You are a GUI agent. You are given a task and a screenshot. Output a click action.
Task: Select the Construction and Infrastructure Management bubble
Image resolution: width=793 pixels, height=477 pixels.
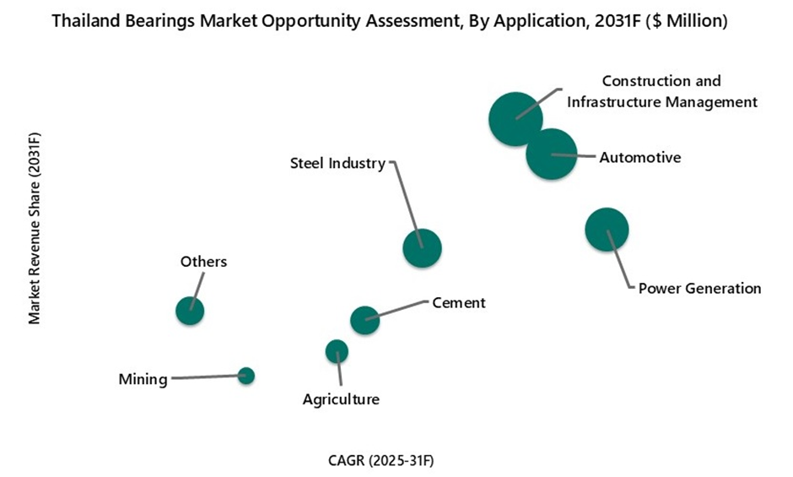[x=515, y=119]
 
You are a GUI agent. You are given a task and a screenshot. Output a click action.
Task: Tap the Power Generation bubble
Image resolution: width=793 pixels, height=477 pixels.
[x=607, y=229]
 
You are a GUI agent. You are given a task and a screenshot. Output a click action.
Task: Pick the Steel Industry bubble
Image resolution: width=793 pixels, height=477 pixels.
[x=423, y=247]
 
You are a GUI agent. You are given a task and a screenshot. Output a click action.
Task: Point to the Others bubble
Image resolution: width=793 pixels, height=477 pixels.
[x=190, y=311]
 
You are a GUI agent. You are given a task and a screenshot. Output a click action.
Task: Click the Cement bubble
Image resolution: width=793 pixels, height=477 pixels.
[x=364, y=320]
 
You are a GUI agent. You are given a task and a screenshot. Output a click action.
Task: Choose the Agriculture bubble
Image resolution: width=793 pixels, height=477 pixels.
[x=337, y=351]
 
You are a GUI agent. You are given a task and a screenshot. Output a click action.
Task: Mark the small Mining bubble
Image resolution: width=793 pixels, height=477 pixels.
[x=246, y=376]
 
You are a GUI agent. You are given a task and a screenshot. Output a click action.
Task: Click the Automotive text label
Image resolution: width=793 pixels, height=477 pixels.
[x=639, y=157]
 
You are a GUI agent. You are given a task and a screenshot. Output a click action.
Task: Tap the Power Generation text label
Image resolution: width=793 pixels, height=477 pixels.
[x=699, y=288]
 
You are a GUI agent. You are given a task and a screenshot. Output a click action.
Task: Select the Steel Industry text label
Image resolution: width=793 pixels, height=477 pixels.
[x=337, y=163]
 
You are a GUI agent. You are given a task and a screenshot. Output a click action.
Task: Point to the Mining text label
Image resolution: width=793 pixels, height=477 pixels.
[x=143, y=379]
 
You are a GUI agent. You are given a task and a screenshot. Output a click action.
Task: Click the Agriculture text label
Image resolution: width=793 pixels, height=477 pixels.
[x=341, y=399]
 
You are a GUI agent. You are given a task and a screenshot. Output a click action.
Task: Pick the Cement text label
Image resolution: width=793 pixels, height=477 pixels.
[x=458, y=302]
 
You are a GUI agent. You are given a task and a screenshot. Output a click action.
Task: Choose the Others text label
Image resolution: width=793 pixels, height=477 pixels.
[x=203, y=262]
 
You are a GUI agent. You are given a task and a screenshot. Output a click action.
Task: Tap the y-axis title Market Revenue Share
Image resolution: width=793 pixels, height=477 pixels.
[x=35, y=228]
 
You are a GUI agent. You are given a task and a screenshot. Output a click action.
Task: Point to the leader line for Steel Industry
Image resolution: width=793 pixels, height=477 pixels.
[x=406, y=198]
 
